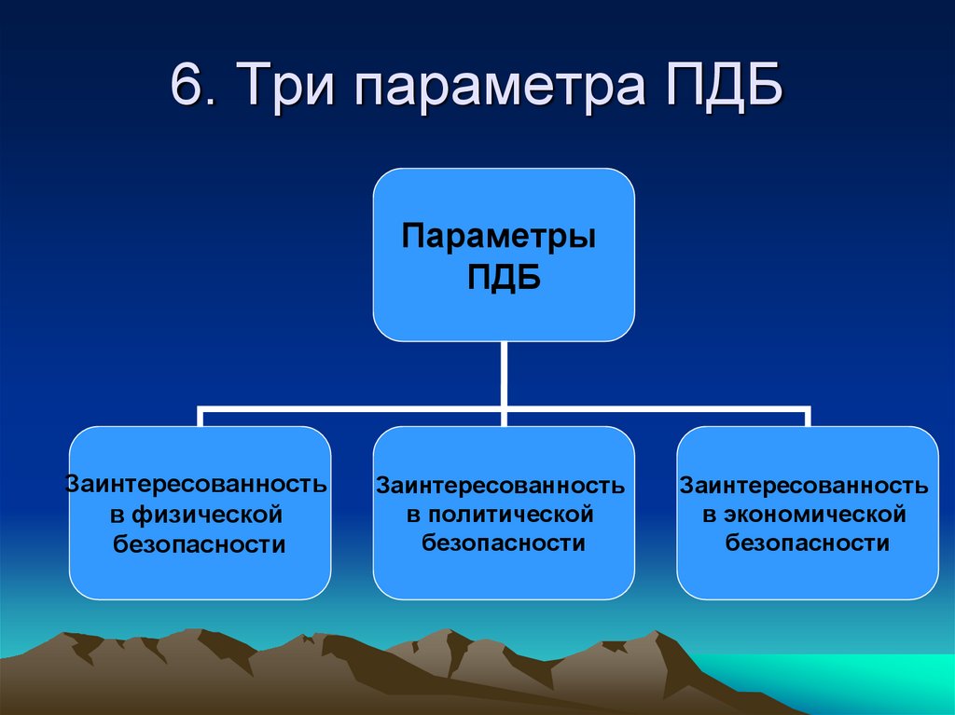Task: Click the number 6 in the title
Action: (186, 89)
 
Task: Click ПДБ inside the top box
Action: (504, 277)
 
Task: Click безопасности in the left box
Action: (200, 543)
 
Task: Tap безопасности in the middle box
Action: (504, 543)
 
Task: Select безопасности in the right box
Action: (808, 543)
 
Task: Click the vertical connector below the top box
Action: (505, 373)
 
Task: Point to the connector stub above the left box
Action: (200, 417)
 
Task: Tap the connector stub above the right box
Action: (809, 417)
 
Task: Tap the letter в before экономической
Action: (709, 516)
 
